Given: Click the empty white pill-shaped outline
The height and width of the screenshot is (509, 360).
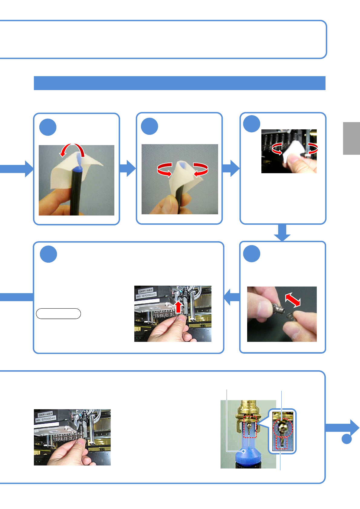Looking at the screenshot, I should tap(58, 314).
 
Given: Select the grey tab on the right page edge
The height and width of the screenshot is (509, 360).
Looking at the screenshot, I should tap(351, 138).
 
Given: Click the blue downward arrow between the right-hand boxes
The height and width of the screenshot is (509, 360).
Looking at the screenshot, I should tap(282, 233).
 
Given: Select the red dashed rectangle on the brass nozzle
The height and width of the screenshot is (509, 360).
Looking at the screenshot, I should tap(250, 427).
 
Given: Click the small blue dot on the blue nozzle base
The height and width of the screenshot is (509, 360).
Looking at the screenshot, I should tap(244, 451).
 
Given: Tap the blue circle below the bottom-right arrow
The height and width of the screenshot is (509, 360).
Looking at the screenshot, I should tap(347, 439).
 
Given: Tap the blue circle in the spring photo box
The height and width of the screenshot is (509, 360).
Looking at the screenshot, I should tap(252, 254).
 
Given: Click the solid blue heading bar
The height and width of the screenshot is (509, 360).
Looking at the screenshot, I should tap(179, 83).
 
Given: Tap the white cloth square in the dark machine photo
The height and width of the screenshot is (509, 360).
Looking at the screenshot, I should tap(290, 153).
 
